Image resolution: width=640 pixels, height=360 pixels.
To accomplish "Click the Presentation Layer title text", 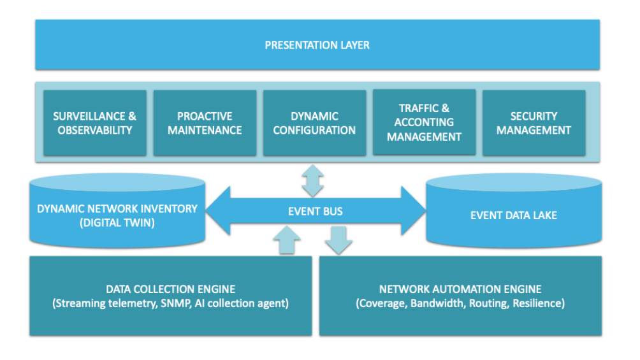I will (317, 45).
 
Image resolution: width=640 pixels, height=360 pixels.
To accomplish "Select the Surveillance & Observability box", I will (94, 123).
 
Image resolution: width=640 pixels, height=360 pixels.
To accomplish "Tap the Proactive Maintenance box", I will (205, 123).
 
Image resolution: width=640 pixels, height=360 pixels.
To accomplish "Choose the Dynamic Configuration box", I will (314, 123).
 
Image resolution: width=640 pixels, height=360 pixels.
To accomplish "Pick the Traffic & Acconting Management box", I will (424, 122).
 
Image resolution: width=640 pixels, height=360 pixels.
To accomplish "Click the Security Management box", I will (534, 123).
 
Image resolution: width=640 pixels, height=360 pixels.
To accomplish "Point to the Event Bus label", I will (316, 212).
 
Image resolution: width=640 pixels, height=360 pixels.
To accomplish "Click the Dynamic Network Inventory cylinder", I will (117, 213).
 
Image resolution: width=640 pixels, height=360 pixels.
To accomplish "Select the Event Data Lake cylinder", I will (514, 215).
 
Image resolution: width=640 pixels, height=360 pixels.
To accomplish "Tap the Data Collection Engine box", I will (170, 296).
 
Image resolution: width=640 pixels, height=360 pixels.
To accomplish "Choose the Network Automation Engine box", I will (460, 296).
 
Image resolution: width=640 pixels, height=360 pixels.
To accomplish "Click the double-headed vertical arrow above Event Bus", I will (312, 180).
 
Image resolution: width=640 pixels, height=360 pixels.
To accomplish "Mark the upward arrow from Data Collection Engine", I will (286, 240).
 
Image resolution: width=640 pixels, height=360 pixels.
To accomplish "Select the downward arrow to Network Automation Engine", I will (338, 240).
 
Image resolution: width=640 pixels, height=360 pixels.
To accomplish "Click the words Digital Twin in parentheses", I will (117, 222).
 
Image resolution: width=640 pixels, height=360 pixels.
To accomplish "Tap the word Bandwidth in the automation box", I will (437, 303).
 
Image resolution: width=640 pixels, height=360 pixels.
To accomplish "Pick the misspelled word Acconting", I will (424, 122).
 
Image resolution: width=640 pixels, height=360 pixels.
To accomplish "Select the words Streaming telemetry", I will (103, 303).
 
